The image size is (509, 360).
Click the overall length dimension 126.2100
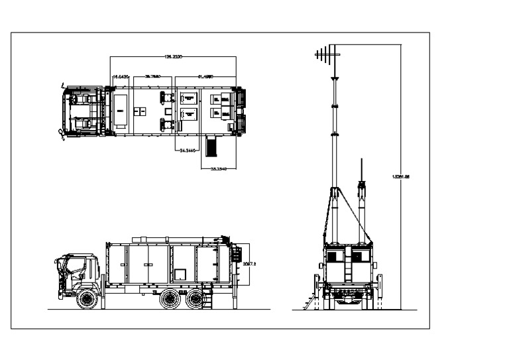173,58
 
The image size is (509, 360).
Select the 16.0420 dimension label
121,78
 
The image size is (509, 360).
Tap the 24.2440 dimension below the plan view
188,151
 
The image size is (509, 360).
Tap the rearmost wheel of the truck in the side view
195,300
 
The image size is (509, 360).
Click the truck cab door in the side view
75,272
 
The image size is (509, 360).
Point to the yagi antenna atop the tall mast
329,54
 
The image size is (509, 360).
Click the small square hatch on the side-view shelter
180,273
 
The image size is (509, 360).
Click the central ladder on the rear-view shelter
347,268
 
